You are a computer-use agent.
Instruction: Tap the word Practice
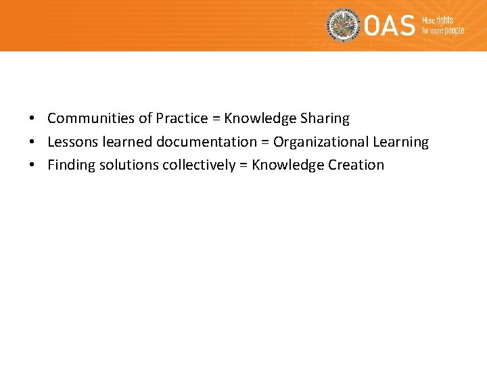(x=182, y=118)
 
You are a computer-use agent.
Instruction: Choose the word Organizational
(x=321, y=142)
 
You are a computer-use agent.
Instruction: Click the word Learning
(x=401, y=142)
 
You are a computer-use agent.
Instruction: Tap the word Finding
(x=70, y=165)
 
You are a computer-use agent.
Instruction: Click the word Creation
(x=356, y=165)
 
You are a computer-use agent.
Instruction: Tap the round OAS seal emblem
(x=344, y=26)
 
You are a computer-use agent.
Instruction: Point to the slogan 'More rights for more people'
(x=443, y=26)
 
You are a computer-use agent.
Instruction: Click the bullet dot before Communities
(x=32, y=119)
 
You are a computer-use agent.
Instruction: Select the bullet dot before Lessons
(x=32, y=143)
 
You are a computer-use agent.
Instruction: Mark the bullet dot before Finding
(x=32, y=166)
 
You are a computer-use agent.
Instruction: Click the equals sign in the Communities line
(x=216, y=119)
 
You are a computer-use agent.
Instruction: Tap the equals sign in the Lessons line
(x=265, y=143)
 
